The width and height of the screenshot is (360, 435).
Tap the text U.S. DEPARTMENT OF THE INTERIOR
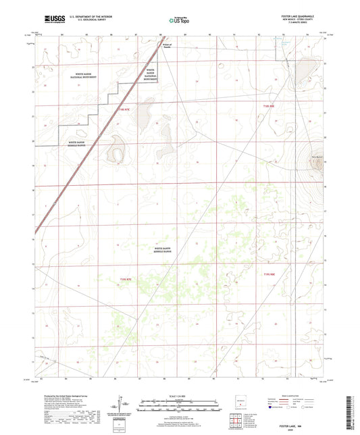88,17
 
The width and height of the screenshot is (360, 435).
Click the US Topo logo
176,20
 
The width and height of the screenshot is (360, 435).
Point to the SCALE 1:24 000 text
180,394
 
